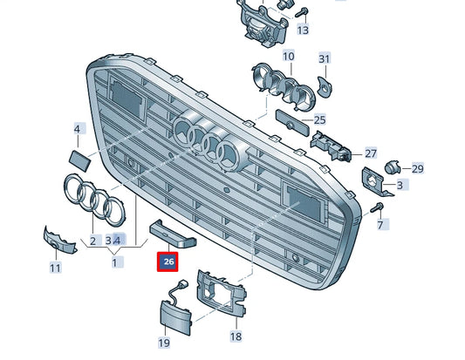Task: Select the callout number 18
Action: [236, 336]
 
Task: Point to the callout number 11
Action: [55, 268]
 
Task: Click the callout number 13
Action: [303, 31]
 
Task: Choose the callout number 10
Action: [289, 57]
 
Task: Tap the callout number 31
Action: [325, 59]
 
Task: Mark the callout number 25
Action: [319, 119]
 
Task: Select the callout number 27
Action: [371, 152]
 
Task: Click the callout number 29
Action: [417, 168]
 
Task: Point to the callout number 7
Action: [380, 225]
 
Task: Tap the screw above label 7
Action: [377, 207]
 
